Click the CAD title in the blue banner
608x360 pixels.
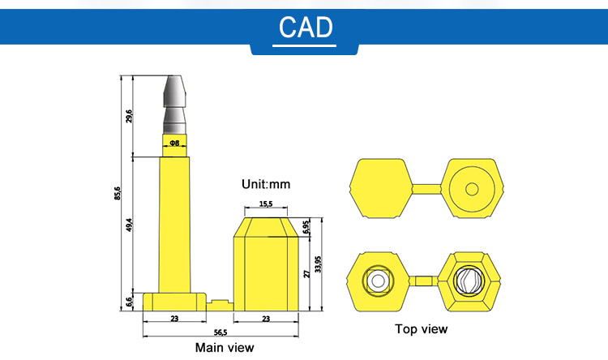click(306, 27)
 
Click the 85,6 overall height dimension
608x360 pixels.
click(118, 193)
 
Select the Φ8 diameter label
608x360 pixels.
click(173, 144)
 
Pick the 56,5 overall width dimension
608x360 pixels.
click(219, 332)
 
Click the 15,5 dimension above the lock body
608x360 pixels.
click(266, 204)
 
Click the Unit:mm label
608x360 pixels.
click(266, 184)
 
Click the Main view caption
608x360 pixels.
click(225, 348)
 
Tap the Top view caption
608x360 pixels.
click(421, 328)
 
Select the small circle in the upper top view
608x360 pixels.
click(472, 189)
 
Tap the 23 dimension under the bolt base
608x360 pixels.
click(174, 319)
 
